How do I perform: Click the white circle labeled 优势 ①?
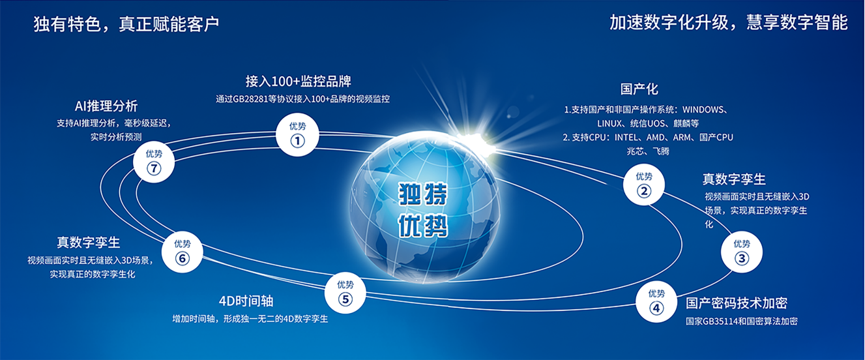[297, 135]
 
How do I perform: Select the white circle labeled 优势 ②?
[644, 185]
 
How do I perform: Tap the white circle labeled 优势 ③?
[741, 252]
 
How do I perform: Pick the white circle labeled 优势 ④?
[656, 302]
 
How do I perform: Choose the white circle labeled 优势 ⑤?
[345, 293]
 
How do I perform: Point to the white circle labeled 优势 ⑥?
[183, 252]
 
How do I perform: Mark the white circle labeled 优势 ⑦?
[154, 162]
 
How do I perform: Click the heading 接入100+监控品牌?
[298, 82]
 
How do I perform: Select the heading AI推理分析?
[106, 106]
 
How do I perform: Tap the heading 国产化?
[639, 89]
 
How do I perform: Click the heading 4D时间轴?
[246, 301]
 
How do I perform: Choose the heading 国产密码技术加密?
[737, 303]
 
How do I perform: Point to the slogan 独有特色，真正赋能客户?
[126, 23]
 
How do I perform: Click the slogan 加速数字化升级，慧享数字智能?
[729, 22]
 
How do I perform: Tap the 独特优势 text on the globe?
[423, 210]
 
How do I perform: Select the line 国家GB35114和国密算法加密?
[741, 322]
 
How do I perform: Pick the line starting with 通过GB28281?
[302, 99]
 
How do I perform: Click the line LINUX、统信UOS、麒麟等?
[648, 124]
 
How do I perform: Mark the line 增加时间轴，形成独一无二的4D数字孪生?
[250, 319]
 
